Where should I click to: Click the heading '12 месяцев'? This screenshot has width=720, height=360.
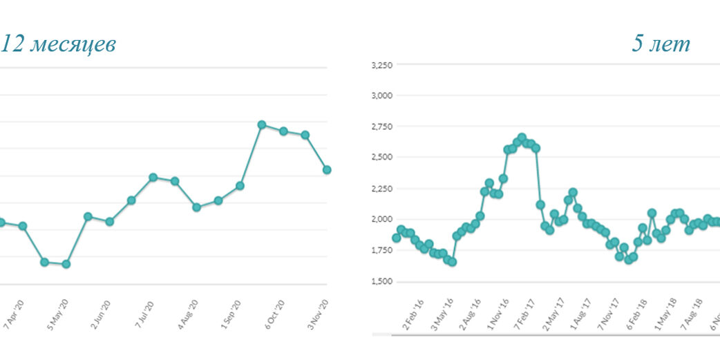pos(58,44)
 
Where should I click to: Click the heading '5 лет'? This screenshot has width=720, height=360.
pos(660,44)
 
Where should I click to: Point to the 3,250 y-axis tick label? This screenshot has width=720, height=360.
pos(382,65)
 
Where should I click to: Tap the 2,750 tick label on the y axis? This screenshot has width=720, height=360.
pos(382,126)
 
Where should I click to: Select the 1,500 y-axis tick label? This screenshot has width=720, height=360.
pos(382,281)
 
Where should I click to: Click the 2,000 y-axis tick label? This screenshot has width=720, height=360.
pos(382,219)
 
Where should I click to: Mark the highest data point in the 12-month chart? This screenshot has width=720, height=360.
pos(262,124)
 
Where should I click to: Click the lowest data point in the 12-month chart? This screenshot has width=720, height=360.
pos(66,264)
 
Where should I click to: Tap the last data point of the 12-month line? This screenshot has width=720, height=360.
pos(327,169)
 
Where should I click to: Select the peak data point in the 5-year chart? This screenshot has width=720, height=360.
pos(522,138)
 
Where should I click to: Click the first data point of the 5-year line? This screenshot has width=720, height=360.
pos(396,238)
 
